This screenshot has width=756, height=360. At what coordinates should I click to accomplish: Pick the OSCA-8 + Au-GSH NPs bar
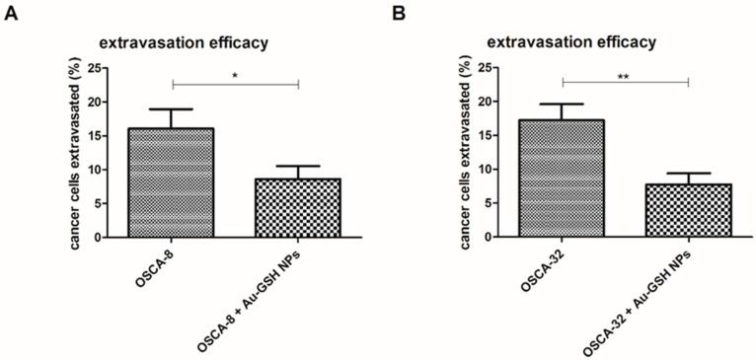pos(298,207)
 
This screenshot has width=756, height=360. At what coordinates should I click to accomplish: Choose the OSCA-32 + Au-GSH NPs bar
pos(688,210)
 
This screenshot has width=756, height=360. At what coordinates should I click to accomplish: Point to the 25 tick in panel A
pos(96,68)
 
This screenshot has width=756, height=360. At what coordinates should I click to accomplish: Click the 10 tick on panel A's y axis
pos(96,170)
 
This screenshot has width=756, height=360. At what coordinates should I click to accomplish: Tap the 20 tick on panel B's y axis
pos(486,102)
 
